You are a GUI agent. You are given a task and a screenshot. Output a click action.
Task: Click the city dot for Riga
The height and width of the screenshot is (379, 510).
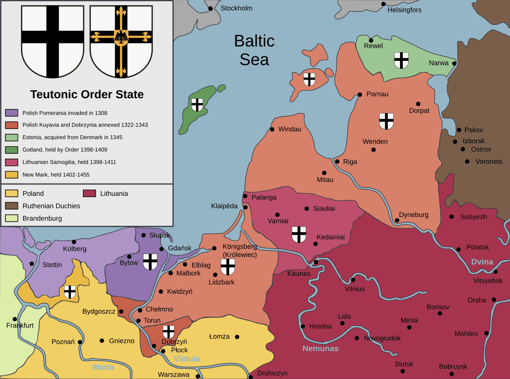[x=337, y=162]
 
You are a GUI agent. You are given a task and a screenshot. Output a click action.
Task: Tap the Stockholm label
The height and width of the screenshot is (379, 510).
[x=236, y=8]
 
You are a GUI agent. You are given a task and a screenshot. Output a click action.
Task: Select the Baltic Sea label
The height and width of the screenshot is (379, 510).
[x=254, y=50]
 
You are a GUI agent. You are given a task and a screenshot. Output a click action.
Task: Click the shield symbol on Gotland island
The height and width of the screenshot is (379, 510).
[x=197, y=105]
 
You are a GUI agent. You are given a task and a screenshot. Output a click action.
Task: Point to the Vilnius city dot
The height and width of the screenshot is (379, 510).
[x=353, y=279]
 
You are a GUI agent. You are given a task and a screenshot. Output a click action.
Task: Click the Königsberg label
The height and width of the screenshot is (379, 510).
[x=239, y=247]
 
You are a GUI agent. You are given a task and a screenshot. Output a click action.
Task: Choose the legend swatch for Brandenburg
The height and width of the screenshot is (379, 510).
[x=12, y=218]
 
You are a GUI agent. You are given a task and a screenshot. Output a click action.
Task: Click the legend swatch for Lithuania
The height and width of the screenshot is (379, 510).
[x=89, y=193]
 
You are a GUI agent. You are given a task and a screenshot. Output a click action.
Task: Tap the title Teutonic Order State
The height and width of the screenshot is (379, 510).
[x=87, y=94]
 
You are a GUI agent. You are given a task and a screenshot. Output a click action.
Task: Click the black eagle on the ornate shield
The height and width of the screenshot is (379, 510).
[x=121, y=36]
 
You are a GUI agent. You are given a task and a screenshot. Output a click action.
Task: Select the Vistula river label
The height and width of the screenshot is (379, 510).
[x=187, y=359]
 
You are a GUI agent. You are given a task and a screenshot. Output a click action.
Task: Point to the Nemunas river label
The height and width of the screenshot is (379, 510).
[x=320, y=348]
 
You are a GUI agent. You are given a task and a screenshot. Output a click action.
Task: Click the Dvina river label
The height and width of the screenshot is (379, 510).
[x=482, y=262]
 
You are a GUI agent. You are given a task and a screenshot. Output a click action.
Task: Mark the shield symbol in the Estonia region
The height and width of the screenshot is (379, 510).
[x=401, y=60]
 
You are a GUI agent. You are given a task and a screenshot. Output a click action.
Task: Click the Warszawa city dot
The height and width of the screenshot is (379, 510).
[x=198, y=376]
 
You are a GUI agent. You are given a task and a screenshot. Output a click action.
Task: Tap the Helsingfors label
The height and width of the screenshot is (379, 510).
[x=404, y=10]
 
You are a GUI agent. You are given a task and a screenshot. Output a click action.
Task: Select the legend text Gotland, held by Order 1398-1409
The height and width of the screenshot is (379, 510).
[x=65, y=150]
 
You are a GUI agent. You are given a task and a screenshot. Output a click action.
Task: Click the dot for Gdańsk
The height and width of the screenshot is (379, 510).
[x=161, y=249]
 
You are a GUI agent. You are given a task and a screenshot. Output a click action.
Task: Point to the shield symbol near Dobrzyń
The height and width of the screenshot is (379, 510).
[x=169, y=331]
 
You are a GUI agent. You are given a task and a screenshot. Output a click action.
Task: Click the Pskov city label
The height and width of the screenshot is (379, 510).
[x=473, y=130]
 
